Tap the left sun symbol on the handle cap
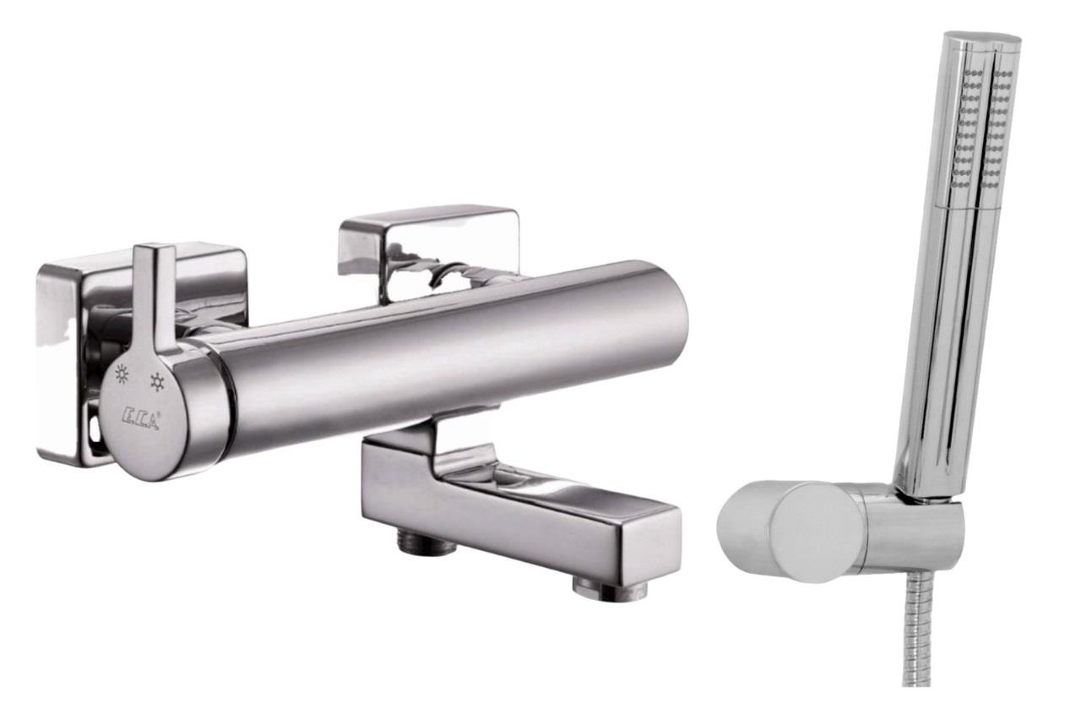(x=123, y=374)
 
